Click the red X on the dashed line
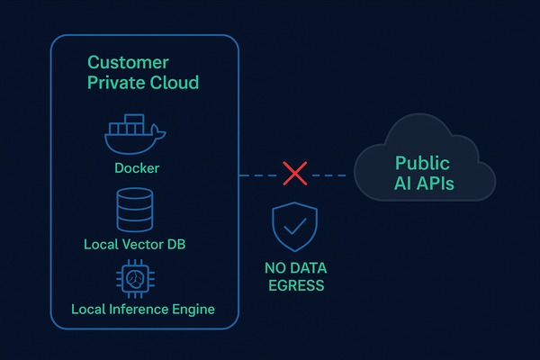pos(294,174)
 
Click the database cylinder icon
pos(135,209)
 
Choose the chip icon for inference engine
pos(136,279)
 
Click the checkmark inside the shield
pos(294,227)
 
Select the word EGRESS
pos(295,286)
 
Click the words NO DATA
pos(295,268)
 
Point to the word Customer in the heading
pos(127,63)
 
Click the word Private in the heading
pos(115,84)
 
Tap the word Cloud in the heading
pos(173,84)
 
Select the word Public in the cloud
pos(424,164)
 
